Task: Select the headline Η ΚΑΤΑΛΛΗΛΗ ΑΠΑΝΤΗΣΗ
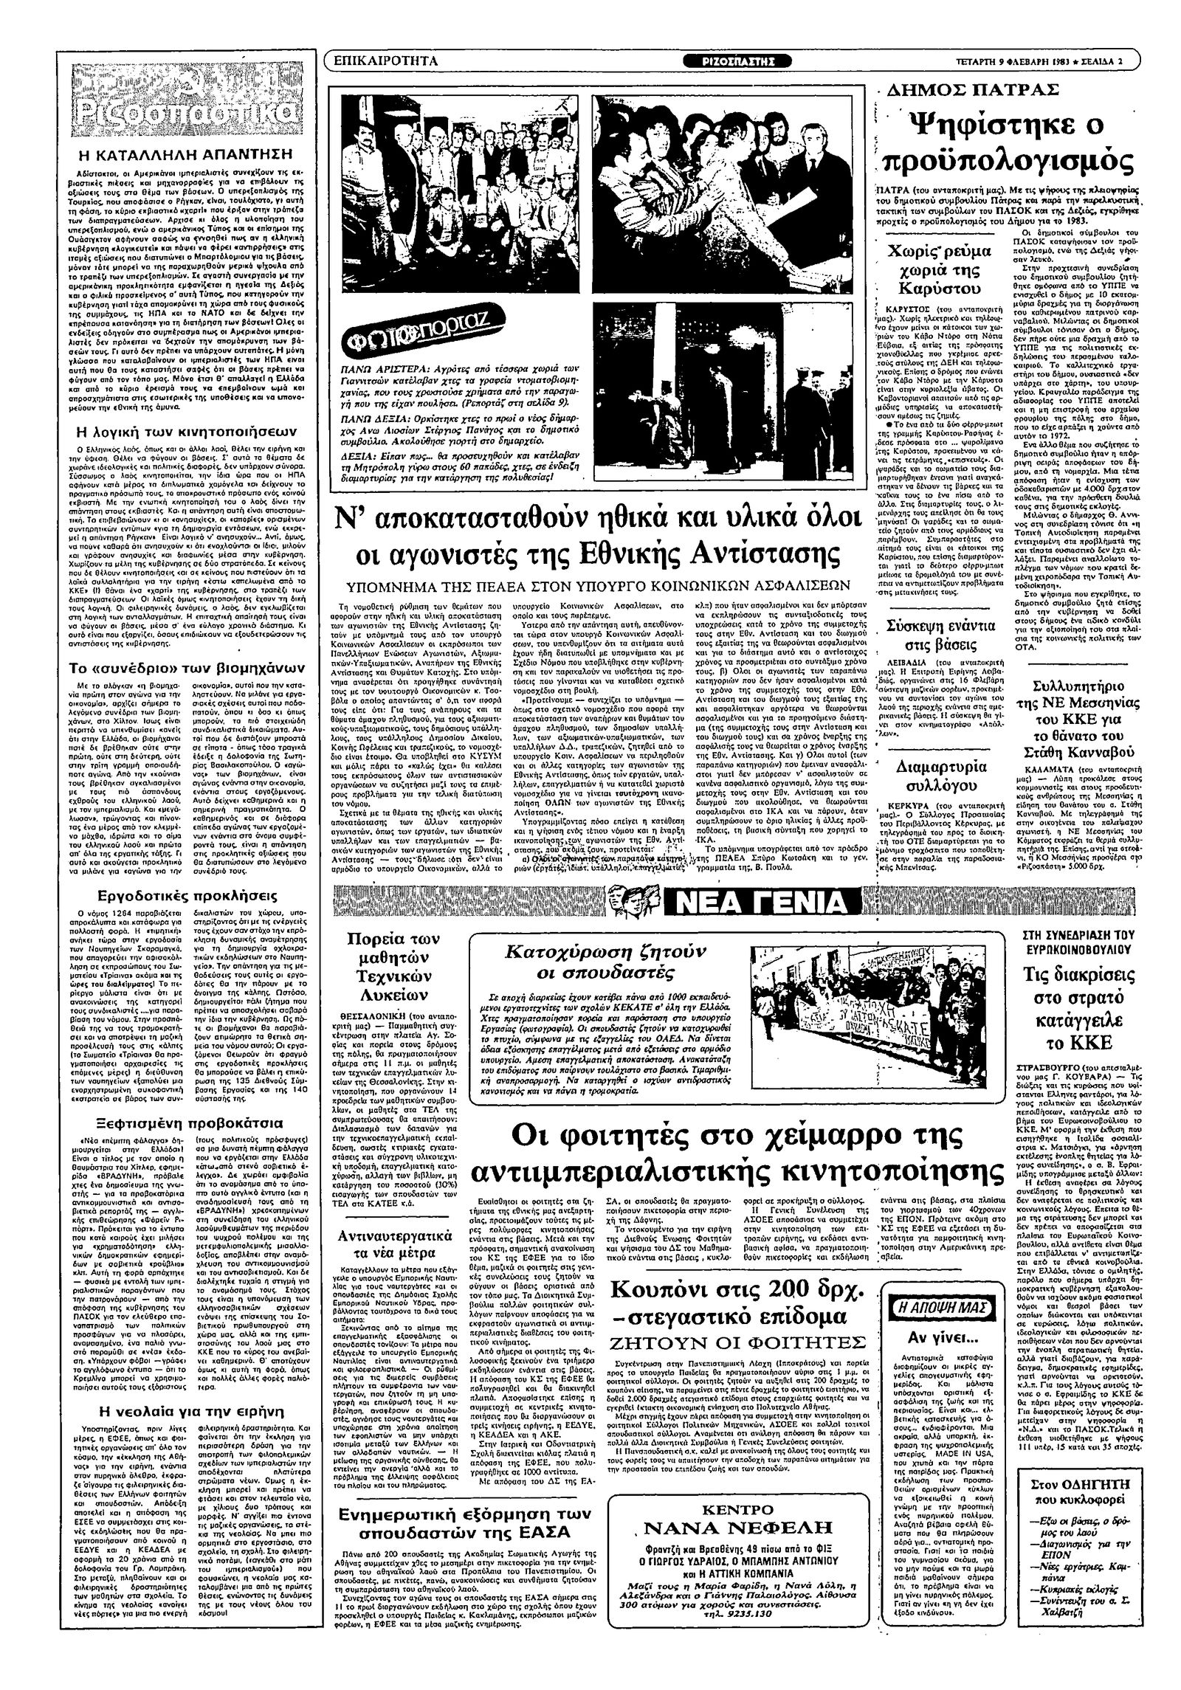pyautogui.click(x=185, y=154)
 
